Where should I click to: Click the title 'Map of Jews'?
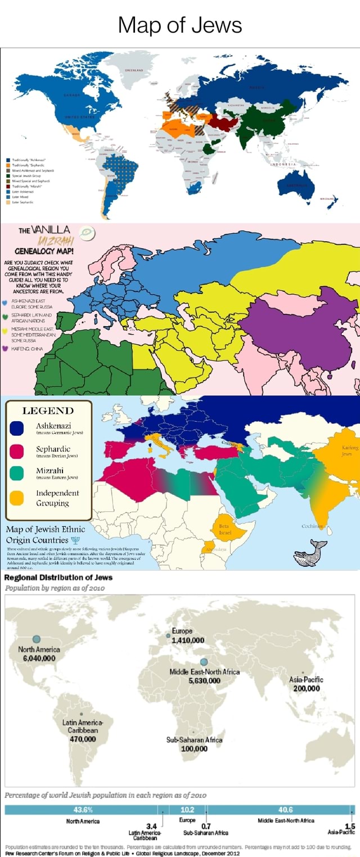[x=180, y=25]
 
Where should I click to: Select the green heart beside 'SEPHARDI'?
[x=5, y=316]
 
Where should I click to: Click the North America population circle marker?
[x=37, y=638]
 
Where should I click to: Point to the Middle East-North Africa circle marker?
[x=204, y=661]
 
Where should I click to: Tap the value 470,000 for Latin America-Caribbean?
[x=81, y=739]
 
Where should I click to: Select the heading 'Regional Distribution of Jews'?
[x=58, y=577]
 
